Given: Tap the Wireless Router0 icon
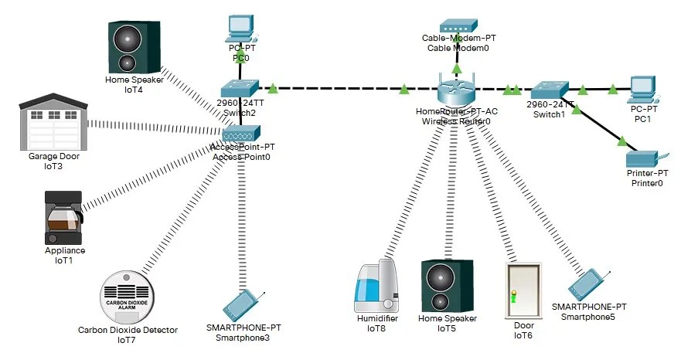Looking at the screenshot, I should pyautogui.click(x=458, y=91).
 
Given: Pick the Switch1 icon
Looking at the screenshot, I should pyautogui.click(x=550, y=88).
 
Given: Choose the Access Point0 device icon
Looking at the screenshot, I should pyautogui.click(x=241, y=134).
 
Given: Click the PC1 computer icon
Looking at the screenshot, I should pyautogui.click(x=643, y=90).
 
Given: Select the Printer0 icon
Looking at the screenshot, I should pyautogui.click(x=646, y=158).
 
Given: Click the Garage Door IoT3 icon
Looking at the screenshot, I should pyautogui.click(x=51, y=122).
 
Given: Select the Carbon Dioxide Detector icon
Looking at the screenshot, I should pyautogui.click(x=128, y=296).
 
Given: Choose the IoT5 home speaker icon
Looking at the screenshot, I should pyautogui.click(x=447, y=286).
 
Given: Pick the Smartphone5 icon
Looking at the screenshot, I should pyautogui.click(x=590, y=284).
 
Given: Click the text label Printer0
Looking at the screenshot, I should pyautogui.click(x=647, y=183).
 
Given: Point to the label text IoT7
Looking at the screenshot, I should pyautogui.click(x=128, y=340).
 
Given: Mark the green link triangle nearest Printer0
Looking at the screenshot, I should pyautogui.click(x=621, y=141).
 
